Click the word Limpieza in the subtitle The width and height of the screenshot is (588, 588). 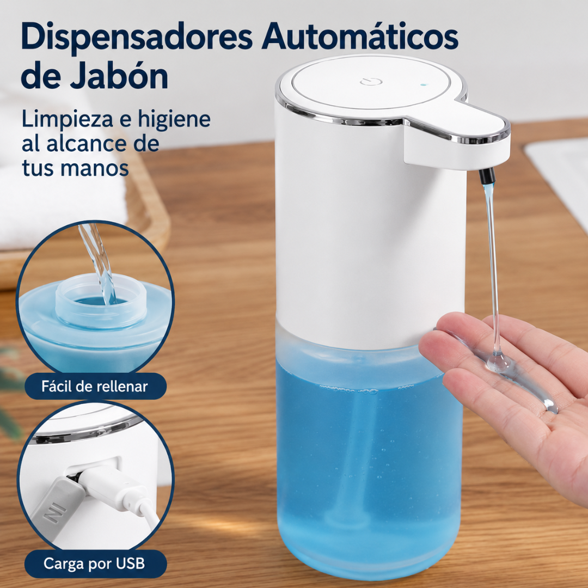point(68,120)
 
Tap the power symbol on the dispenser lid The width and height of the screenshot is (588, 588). point(371,82)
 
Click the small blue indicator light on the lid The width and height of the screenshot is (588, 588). point(424,85)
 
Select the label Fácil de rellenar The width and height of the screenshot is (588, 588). point(95,386)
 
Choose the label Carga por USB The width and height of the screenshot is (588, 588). point(95,563)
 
